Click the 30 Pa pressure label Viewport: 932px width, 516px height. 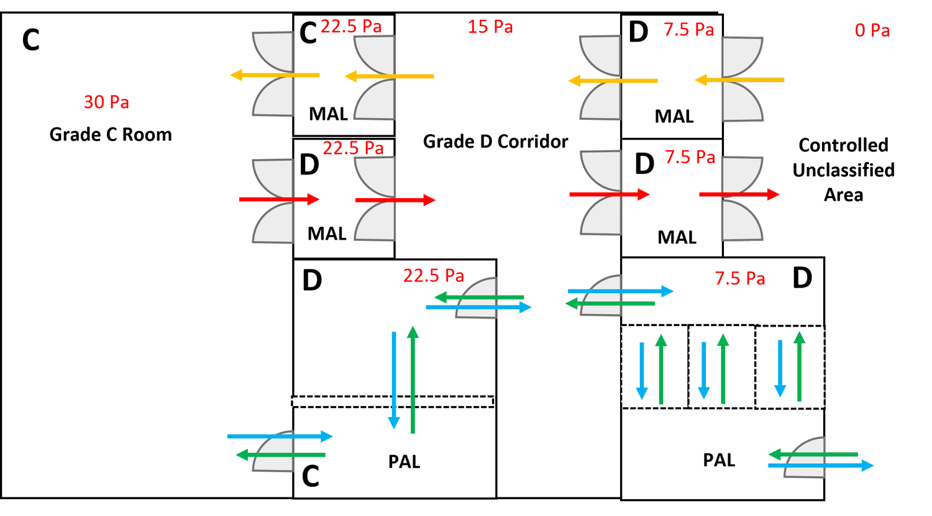click(x=106, y=102)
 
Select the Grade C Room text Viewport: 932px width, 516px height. click(x=111, y=135)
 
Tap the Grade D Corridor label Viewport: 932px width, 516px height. click(x=495, y=142)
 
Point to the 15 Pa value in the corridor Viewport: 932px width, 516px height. click(x=490, y=27)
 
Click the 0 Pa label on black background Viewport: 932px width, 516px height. click(x=872, y=30)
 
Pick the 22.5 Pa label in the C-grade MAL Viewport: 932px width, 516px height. click(x=351, y=26)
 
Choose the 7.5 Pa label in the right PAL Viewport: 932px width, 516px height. click(x=739, y=278)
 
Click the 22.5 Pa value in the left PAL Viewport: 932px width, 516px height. click(x=433, y=276)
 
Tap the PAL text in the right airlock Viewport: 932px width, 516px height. click(x=719, y=460)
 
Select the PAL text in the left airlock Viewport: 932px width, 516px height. click(x=404, y=462)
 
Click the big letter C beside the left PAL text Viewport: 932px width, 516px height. click(x=311, y=477)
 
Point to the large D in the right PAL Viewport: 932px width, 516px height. click(x=802, y=279)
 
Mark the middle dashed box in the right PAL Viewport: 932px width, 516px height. click(x=721, y=366)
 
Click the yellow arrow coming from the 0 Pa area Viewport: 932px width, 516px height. click(x=739, y=80)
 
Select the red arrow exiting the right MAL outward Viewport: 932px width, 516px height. click(x=739, y=194)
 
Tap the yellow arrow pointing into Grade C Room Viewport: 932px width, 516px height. click(x=275, y=76)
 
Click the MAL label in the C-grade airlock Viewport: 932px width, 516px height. click(x=328, y=114)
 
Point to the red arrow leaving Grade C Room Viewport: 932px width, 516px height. click(x=279, y=199)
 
